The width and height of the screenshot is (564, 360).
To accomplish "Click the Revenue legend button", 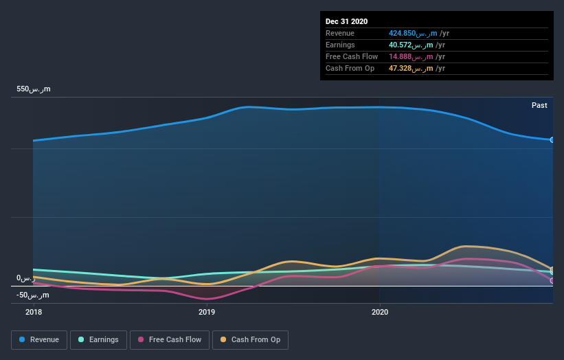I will click(39, 339).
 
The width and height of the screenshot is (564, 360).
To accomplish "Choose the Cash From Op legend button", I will click(250, 339).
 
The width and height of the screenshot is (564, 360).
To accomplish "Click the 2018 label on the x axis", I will click(33, 312).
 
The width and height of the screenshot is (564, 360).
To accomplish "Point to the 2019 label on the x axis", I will click(206, 312).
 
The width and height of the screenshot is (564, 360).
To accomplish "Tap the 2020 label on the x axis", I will click(379, 312).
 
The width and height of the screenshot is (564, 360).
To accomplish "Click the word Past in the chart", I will click(539, 105).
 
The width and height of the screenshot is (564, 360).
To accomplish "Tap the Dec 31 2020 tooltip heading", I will click(347, 21).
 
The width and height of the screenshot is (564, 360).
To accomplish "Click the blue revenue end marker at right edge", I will click(552, 139).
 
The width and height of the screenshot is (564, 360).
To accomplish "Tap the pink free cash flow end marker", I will click(552, 280).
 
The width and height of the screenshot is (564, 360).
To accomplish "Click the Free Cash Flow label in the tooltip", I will click(352, 56).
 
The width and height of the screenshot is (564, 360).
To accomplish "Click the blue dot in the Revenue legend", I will click(23, 339).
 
